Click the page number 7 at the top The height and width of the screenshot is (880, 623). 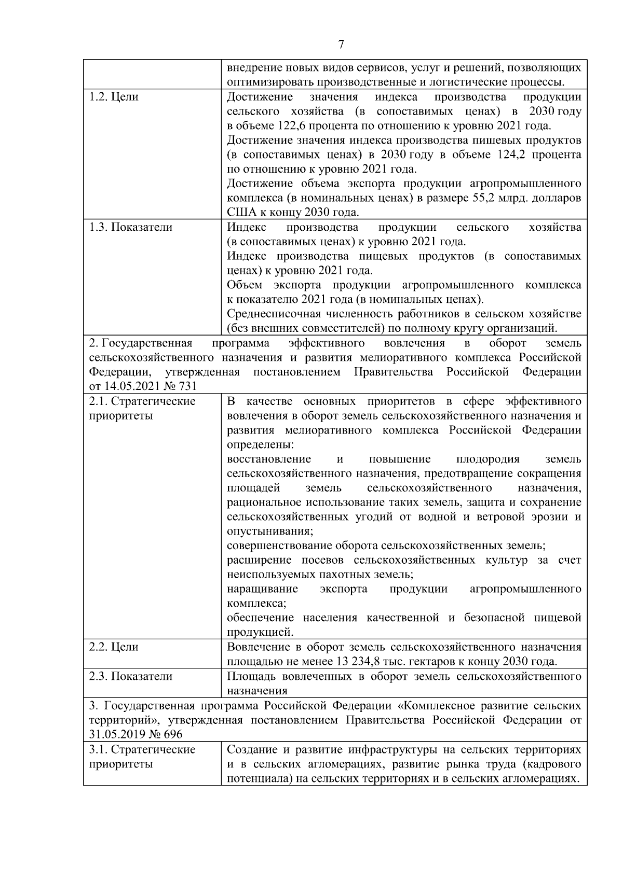341,45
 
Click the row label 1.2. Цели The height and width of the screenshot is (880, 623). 114,97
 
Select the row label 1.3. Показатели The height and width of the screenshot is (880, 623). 131,227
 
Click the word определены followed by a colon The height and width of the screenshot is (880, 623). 259,445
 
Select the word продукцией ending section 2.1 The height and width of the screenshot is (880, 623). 260,632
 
